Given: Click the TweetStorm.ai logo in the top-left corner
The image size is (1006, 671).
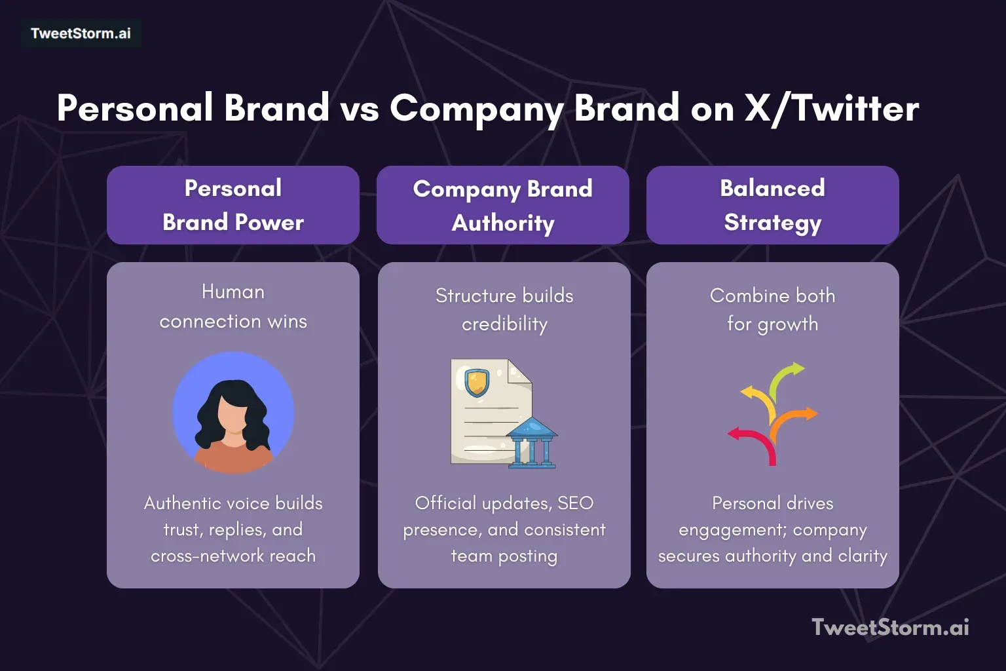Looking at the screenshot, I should click(81, 33).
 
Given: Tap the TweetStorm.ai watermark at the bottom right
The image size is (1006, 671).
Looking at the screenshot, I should click(890, 627).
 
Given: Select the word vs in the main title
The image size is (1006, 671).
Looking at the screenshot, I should click(360, 108).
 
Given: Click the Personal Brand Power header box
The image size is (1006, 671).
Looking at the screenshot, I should click(233, 205).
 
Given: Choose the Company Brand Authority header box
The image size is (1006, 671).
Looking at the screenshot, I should click(503, 205).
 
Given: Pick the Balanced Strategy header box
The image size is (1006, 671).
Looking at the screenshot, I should click(772, 205).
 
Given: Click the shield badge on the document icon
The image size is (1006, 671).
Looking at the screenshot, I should click(477, 382).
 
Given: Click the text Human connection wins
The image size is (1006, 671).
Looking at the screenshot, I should click(233, 307).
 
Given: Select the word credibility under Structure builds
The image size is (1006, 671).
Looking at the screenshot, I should click(504, 324).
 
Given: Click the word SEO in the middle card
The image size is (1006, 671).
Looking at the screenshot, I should click(575, 503).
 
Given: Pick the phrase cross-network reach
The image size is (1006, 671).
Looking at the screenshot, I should click(233, 556).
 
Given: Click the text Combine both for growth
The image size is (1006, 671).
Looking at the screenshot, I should click(772, 309).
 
